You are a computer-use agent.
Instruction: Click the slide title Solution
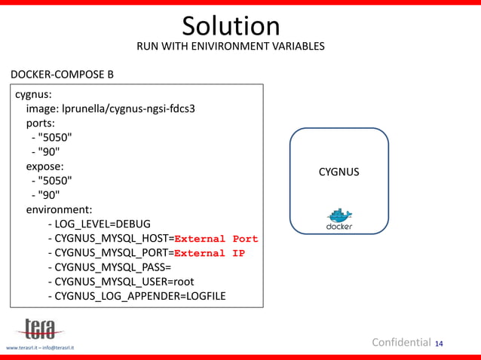[x=231, y=26]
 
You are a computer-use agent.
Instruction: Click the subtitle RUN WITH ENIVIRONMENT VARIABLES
[x=231, y=47]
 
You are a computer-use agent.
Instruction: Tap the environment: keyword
[x=60, y=209]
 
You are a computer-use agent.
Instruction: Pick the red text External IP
[x=210, y=253]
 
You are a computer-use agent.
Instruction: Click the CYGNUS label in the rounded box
[x=339, y=172]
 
